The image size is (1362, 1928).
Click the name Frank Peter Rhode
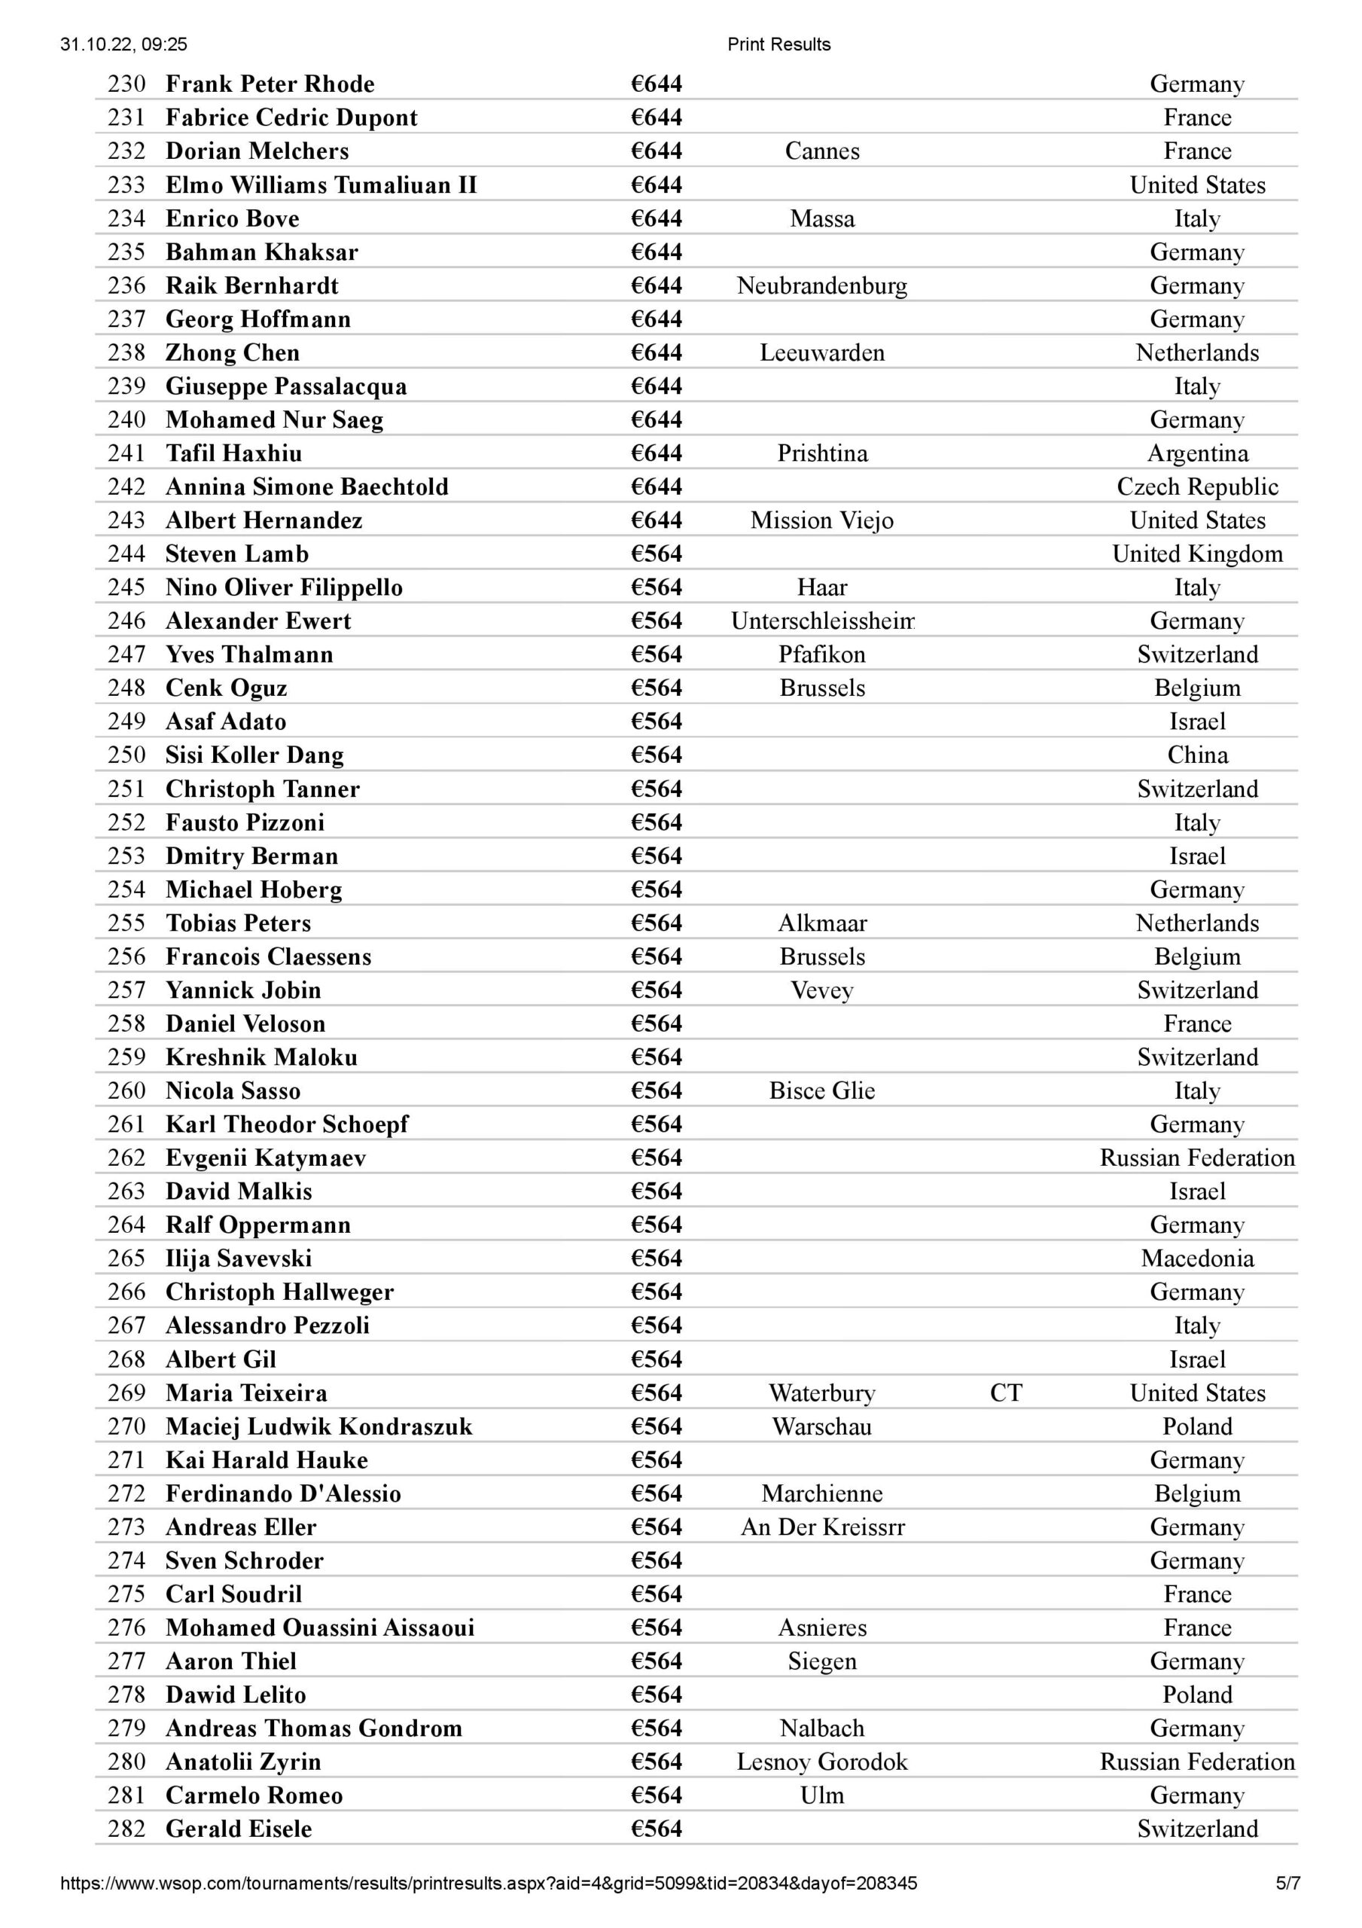coord(270,84)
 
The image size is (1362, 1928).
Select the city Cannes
coord(822,151)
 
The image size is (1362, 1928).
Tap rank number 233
coord(126,185)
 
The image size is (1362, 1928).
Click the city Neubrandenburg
coord(822,285)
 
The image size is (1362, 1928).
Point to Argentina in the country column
coord(1197,453)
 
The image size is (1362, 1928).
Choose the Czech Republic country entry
coord(1197,487)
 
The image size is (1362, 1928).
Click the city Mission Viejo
coord(822,520)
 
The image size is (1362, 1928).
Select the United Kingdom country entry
coord(1197,554)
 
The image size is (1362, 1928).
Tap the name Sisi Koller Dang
coord(254,755)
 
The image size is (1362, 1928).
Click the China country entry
coord(1197,755)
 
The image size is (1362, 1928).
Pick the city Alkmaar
coord(822,923)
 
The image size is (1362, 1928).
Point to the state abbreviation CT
coord(1006,1393)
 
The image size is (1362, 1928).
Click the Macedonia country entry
coord(1197,1258)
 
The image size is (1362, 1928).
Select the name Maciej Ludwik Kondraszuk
coord(319,1426)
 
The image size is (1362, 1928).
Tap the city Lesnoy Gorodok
coord(822,1762)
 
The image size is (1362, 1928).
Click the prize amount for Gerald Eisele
coord(657,1829)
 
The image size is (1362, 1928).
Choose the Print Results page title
coord(779,44)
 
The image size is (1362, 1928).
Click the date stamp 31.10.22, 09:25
coord(123,44)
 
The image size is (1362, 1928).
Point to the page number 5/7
coord(1287,1884)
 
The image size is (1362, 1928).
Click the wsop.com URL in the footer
coord(489,1884)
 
